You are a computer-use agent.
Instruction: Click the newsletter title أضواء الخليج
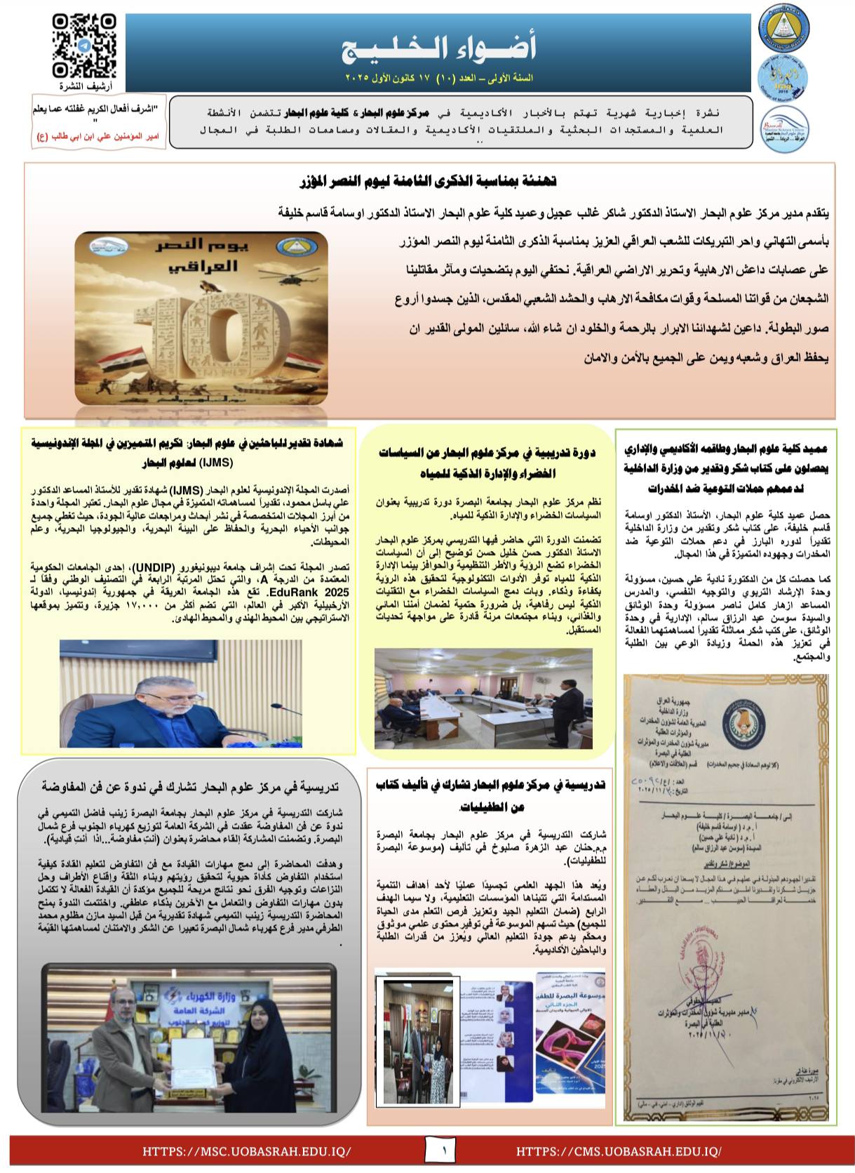pos(439,48)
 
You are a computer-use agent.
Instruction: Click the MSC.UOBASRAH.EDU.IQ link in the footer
pos(246,1151)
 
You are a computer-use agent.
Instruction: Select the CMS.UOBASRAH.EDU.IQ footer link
pos(619,1151)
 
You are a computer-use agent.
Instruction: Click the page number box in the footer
pos(444,1151)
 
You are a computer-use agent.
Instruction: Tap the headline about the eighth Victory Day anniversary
pos(428,182)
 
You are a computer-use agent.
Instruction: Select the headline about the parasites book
pos(490,795)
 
